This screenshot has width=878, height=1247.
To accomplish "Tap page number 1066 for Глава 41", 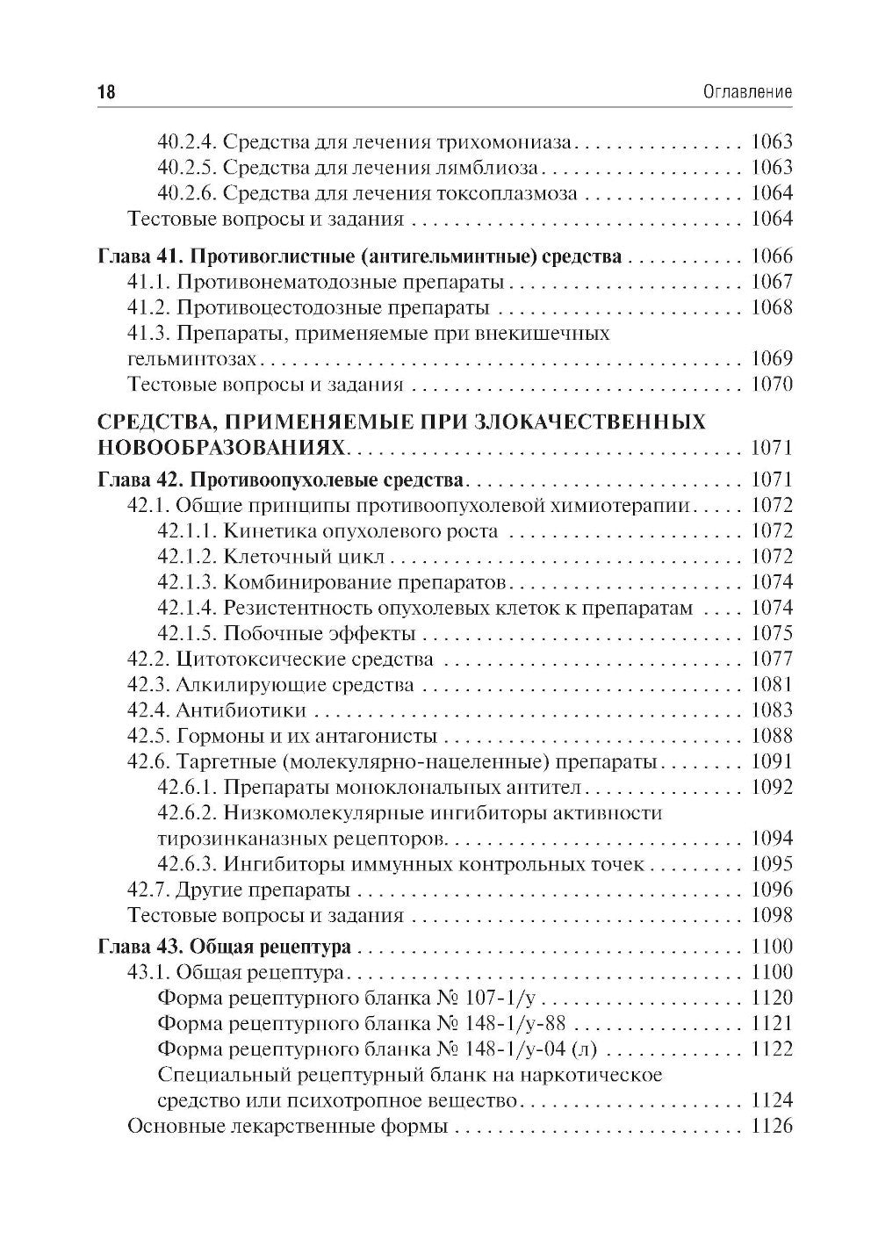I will click(772, 256).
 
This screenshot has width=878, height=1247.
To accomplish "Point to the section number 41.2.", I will click(149, 307).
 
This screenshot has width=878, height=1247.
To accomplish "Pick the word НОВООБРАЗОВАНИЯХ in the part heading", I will click(221, 447).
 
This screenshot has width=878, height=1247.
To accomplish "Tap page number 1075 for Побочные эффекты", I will click(772, 633).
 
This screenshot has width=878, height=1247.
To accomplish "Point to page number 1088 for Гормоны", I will click(772, 736).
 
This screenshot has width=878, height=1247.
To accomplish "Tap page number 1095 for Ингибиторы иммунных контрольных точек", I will click(772, 863).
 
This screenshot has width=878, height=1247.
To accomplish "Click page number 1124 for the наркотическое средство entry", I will click(772, 1100).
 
